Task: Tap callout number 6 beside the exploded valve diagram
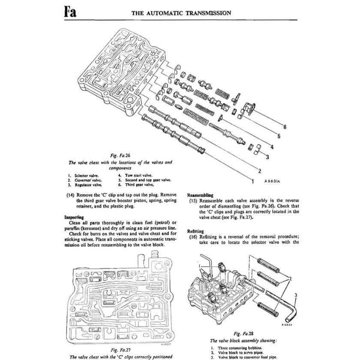pos(285,126)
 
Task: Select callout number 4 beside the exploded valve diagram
pos(272,147)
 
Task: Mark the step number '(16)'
pos(194,236)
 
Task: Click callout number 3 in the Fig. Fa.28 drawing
pos(295,295)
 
